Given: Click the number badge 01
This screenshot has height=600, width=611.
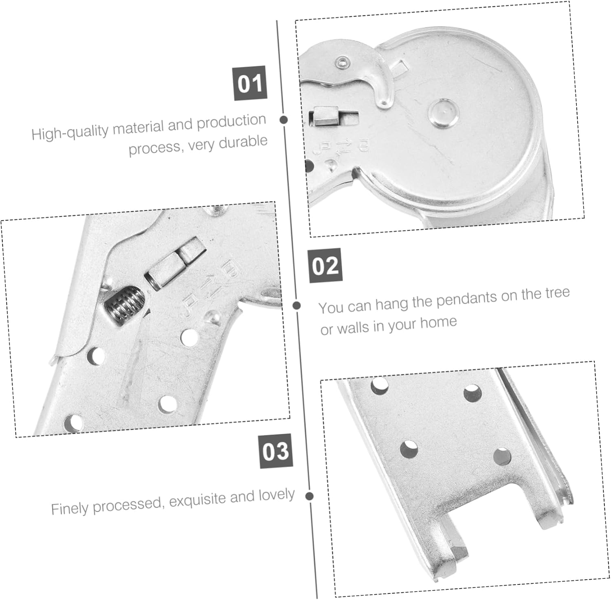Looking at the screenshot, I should tap(250, 83).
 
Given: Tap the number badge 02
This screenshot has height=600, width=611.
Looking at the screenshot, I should tap(325, 265).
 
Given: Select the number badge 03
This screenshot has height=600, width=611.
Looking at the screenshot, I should tap(276, 451).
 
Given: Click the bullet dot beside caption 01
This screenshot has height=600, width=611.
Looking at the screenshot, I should tap(284, 120).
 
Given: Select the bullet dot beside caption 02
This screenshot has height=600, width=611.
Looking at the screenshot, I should tap(297, 305).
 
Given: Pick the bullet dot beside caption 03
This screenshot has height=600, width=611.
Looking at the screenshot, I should tap(310, 496).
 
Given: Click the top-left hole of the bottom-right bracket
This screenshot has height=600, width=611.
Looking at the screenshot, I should tap(380, 385).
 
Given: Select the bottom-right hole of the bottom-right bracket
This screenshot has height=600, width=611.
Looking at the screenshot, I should tap(502, 457).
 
